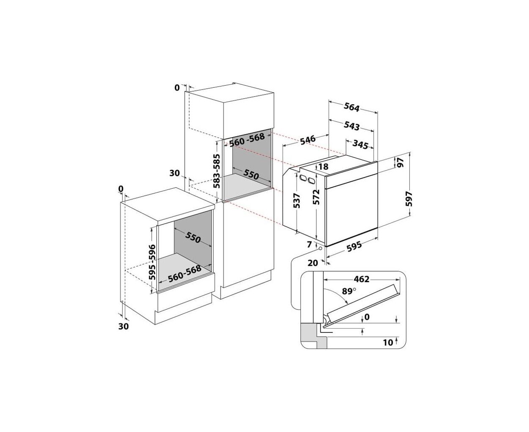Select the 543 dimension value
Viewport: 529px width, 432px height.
[352, 126]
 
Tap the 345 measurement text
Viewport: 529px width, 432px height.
[360, 144]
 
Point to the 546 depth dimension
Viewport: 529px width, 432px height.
[308, 140]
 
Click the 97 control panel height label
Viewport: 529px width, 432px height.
[401, 162]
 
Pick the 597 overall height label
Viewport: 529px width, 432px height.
[409, 199]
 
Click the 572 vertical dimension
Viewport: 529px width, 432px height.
[317, 197]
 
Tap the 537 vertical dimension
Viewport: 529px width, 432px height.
[297, 200]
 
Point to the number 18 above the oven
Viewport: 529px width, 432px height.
[323, 166]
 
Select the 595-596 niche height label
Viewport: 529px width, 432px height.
[152, 262]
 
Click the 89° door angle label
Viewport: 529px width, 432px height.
[349, 291]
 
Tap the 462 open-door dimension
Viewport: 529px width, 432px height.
[361, 279]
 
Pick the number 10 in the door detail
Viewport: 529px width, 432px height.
[388, 342]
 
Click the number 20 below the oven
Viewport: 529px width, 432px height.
[313, 263]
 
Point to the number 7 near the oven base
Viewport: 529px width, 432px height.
[310, 244]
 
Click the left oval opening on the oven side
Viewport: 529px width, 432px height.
[303, 178]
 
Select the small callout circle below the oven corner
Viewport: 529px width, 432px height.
[320, 248]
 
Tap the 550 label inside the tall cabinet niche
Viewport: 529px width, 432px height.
[251, 175]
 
